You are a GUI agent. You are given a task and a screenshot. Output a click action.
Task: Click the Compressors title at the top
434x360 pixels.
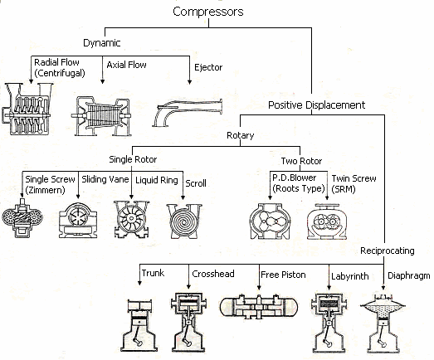[x=208, y=12]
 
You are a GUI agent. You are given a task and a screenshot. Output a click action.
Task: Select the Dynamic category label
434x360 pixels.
[x=101, y=42]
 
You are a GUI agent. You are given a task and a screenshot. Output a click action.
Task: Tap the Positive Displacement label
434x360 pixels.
[x=316, y=105]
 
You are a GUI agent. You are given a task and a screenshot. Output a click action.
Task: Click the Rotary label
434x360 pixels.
[x=240, y=135]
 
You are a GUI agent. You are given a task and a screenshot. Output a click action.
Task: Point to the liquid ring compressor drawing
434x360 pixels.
[x=135, y=217]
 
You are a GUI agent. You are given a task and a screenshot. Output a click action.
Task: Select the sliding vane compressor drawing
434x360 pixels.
[x=82, y=220]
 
